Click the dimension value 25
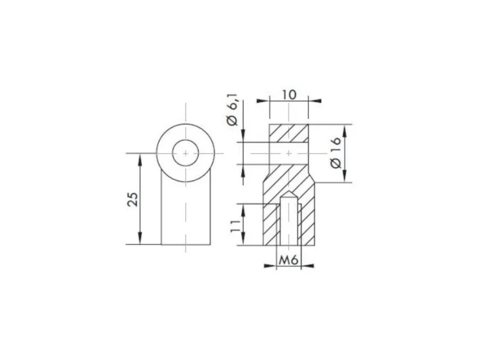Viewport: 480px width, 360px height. click(132, 199)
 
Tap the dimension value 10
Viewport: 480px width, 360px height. click(289, 94)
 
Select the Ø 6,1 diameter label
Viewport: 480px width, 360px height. click(233, 112)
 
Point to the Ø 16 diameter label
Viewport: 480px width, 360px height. click(336, 152)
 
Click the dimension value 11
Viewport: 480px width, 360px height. click(236, 226)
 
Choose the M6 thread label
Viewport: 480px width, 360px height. click(289, 260)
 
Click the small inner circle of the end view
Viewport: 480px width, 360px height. click(186, 153)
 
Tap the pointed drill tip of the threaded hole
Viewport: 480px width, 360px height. click(289, 194)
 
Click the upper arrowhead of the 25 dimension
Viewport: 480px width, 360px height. click(140, 160)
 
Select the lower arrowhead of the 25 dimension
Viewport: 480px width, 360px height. click(140, 238)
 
